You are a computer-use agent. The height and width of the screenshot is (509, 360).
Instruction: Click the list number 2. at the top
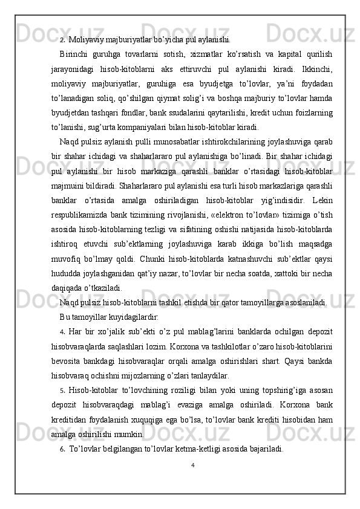tap(62, 41)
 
